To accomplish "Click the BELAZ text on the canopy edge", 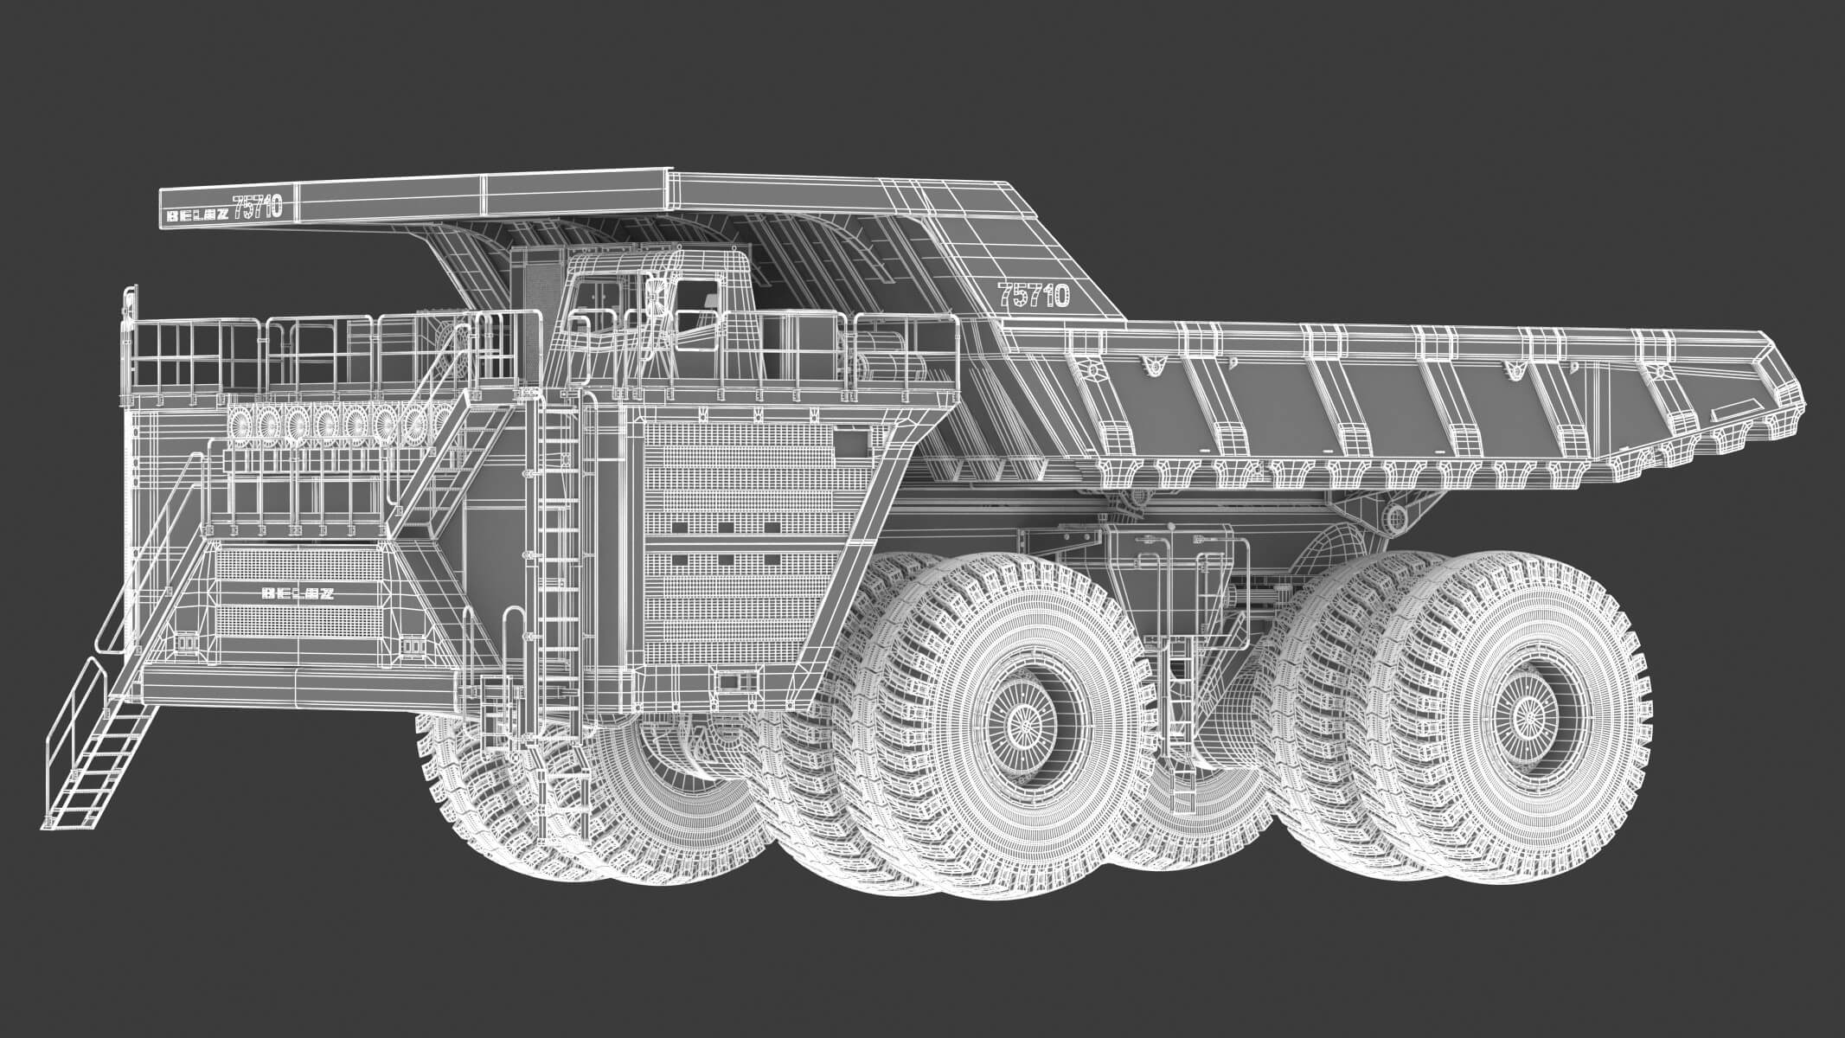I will pyautogui.click(x=197, y=216).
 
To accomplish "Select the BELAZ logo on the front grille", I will pyautogui.click(x=298, y=593).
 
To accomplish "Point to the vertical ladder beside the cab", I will pyautogui.click(x=558, y=554).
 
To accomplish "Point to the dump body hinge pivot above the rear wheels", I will pyautogui.click(x=1394, y=519).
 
